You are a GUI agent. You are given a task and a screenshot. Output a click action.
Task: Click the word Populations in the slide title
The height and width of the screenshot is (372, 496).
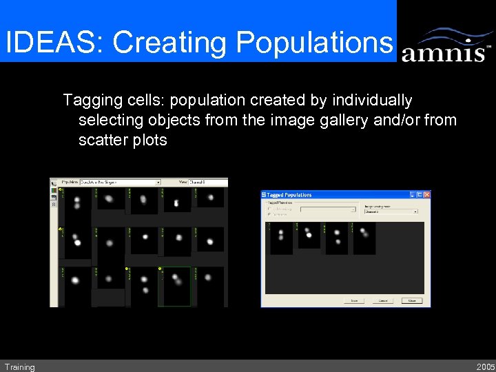point(313,42)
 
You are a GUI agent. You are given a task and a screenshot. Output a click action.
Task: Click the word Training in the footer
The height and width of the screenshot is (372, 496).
point(19,367)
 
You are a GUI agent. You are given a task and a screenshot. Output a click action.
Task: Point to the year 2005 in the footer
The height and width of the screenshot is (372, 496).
point(484,367)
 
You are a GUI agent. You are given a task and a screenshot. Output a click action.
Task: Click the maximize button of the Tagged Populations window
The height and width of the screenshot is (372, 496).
point(420,195)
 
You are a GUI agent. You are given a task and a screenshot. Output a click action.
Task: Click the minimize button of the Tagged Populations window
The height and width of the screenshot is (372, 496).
point(412,195)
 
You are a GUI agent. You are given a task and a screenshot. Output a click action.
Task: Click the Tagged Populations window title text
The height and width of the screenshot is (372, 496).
point(289,195)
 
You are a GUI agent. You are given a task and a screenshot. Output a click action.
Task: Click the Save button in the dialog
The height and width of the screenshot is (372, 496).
point(354,300)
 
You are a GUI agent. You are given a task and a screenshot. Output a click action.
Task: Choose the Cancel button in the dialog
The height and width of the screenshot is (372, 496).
point(383,300)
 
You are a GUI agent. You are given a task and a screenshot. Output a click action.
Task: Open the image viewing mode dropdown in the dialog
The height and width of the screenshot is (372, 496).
point(391,211)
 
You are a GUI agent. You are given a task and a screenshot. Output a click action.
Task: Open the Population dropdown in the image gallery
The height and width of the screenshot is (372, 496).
point(120,183)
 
